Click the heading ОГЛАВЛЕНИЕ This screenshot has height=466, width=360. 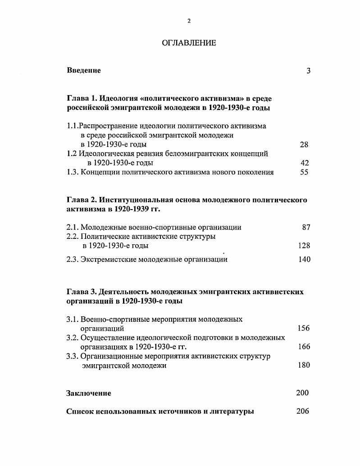tap(189, 43)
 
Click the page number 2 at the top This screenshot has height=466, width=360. tap(189, 21)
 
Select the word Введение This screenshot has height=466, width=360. tap(84, 70)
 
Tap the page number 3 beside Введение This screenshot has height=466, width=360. tap(308, 71)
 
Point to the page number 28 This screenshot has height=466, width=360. tap(304, 145)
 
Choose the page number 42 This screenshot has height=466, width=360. tap(304, 163)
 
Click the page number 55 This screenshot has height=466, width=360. tap(304, 172)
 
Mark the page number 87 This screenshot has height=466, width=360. tap(306, 227)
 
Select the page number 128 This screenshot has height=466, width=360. tap(304, 246)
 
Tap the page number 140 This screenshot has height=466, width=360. tap(304, 259)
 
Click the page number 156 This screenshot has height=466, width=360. tap(304, 328)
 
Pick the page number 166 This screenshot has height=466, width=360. tap(304, 347)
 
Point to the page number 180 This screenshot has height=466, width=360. tap(304, 365)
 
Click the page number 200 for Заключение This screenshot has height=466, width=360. tap(302, 393)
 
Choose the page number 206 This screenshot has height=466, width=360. tap(303, 411)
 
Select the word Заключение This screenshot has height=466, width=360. tap(89, 393)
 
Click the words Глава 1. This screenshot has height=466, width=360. tap(81, 98)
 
